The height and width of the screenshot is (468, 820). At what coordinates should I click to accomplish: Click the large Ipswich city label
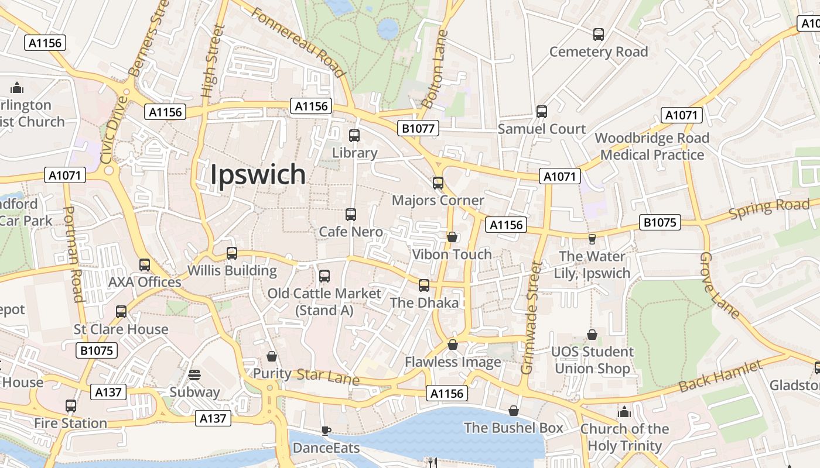(x=258, y=174)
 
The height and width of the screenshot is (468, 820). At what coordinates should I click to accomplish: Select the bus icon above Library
(x=354, y=136)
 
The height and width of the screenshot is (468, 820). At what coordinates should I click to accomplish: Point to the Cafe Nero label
(x=351, y=232)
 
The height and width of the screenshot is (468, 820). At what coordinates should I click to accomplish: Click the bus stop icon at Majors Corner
(x=438, y=183)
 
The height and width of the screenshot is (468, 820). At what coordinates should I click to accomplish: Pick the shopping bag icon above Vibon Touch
(x=452, y=237)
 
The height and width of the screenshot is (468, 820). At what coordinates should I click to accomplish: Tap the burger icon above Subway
(x=194, y=374)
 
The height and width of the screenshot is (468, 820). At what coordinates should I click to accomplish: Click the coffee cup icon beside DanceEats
(x=326, y=431)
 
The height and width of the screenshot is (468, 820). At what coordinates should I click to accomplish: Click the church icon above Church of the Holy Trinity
(x=624, y=412)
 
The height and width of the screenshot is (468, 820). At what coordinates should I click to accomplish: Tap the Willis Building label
(x=232, y=271)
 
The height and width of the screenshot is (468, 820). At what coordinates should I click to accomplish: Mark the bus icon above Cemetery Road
(x=599, y=35)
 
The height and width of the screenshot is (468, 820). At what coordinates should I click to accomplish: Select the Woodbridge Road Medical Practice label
(x=652, y=146)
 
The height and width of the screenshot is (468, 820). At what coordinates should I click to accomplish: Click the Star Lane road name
(x=328, y=376)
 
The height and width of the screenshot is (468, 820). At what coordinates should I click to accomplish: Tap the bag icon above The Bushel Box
(x=514, y=411)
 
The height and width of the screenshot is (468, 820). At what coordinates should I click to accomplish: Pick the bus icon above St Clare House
(x=121, y=312)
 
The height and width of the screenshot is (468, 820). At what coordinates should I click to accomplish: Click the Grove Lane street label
(x=720, y=285)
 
